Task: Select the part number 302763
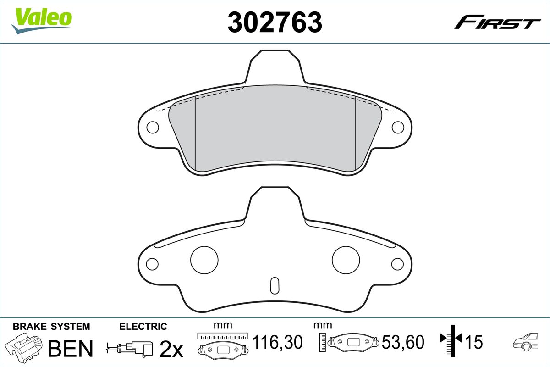275,22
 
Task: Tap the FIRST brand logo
497,22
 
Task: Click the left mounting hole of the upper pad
152,127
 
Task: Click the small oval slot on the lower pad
275,285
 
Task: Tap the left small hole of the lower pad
152,264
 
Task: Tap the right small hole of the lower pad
398,264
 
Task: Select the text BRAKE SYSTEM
51,327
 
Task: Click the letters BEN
71,348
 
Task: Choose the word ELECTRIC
143,327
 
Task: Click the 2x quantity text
170,350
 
